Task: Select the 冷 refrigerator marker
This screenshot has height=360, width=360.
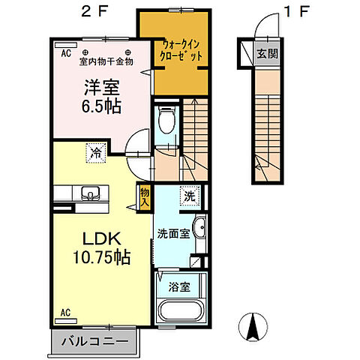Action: click(96, 153)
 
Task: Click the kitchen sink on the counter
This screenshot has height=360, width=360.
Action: click(91, 191)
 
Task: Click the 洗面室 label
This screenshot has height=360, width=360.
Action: click(173, 233)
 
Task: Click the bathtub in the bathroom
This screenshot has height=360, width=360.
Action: click(180, 309)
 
